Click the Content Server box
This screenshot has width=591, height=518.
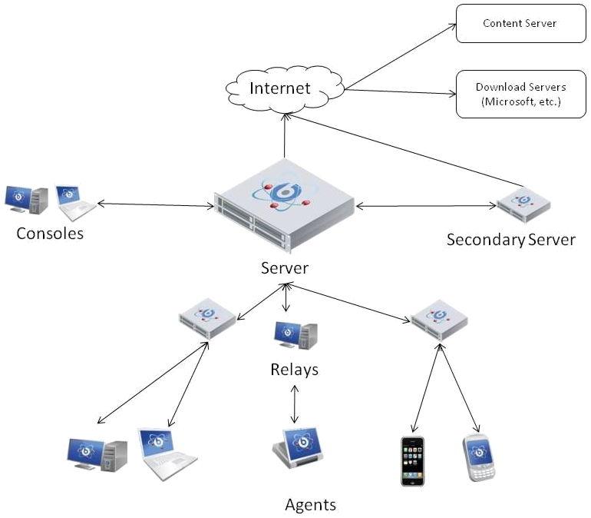click(x=519, y=24)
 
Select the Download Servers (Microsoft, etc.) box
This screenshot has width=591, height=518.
click(x=519, y=95)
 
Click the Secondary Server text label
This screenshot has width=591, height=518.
click(x=510, y=240)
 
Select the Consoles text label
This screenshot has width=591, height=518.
click(x=50, y=233)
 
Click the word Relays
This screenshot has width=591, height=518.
click(x=294, y=370)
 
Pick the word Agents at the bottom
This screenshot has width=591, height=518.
click(x=310, y=505)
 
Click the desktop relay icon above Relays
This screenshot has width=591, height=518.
click(x=295, y=335)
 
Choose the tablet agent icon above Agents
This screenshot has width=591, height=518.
click(x=297, y=448)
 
